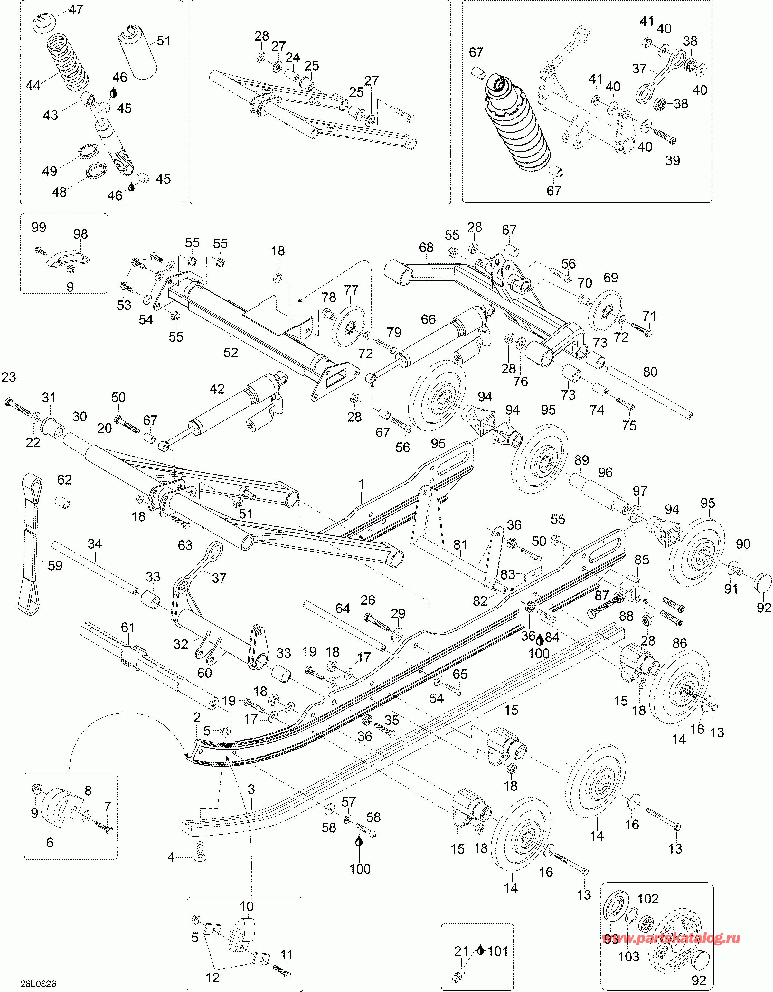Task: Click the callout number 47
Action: [76, 10]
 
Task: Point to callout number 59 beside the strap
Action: [55, 565]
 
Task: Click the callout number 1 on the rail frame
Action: [362, 485]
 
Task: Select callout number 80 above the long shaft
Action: [650, 372]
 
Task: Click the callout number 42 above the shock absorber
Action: [217, 389]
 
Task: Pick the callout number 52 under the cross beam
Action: [231, 353]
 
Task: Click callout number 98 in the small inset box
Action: [80, 234]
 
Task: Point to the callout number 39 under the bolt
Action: [673, 160]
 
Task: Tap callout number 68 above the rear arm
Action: [426, 248]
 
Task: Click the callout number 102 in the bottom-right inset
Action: [648, 899]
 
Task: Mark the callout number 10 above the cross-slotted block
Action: [247, 907]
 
